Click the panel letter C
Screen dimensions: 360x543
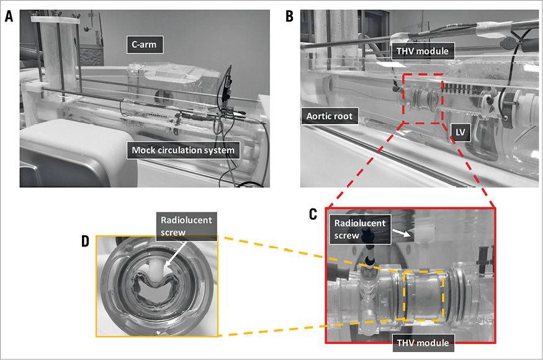[x=315, y=214]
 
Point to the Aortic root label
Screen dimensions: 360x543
[x=331, y=116]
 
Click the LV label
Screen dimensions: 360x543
[x=460, y=131]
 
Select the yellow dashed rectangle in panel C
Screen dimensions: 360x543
[x=423, y=295]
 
